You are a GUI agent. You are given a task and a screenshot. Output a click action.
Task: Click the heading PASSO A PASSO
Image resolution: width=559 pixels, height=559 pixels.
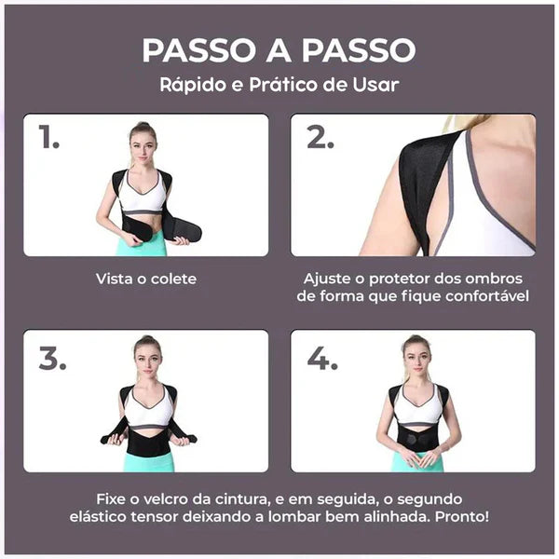click(279, 49)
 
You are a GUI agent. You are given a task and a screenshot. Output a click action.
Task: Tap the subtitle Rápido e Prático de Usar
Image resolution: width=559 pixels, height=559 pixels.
click(279, 85)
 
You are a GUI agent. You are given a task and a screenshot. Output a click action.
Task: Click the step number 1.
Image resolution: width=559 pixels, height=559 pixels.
click(50, 139)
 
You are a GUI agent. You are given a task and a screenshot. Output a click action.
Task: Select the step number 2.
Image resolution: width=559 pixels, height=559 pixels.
click(320, 139)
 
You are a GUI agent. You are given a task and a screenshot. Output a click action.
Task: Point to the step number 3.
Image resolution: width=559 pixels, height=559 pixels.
click(53, 358)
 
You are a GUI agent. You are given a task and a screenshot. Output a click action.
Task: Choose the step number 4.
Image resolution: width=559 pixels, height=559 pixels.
click(321, 358)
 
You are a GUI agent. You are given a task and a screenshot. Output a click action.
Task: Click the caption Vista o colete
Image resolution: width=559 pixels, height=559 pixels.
click(145, 278)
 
